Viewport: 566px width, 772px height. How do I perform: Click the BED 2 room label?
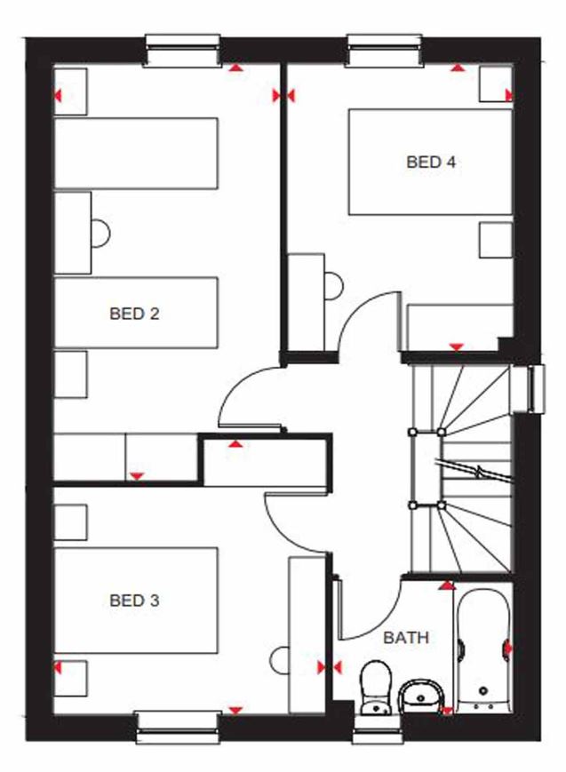coord(134,314)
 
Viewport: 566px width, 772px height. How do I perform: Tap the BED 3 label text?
coord(134,601)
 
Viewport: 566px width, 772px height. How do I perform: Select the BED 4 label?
coord(431,163)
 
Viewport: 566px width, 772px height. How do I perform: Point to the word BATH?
coord(406,638)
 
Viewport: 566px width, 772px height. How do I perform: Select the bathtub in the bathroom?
coord(483,648)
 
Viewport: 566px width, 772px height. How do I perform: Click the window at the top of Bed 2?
coord(182,51)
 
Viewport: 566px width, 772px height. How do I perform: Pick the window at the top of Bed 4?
coord(385,51)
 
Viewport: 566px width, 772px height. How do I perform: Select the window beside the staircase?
coord(533,389)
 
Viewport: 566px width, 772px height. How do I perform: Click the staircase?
coord(462,462)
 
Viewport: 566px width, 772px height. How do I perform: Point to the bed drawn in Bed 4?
coord(430,162)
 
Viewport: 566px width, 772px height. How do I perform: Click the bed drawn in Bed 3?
coord(136,601)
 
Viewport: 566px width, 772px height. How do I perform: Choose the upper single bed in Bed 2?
coord(136,153)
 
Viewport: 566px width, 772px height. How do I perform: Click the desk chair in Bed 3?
coord(281,662)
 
